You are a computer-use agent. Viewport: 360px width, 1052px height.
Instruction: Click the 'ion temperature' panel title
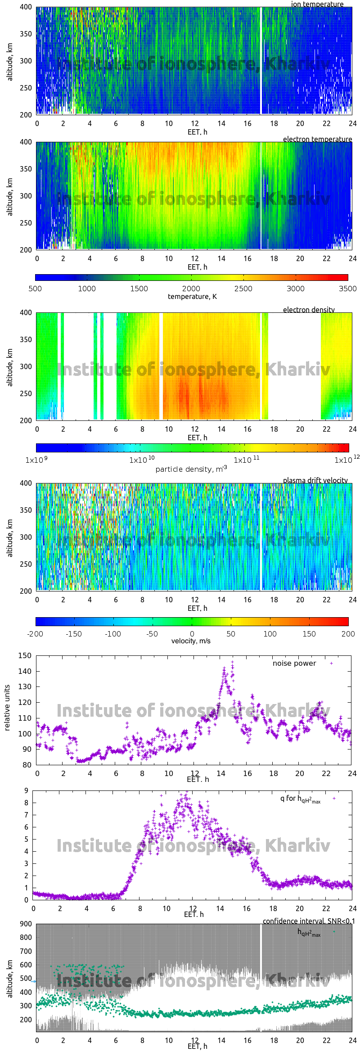tap(317, 4)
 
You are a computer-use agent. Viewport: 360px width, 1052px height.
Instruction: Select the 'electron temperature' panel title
tap(317, 139)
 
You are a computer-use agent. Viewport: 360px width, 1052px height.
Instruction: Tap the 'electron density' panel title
tap(309, 310)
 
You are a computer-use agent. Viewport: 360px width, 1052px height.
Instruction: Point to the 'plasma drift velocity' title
tap(315, 480)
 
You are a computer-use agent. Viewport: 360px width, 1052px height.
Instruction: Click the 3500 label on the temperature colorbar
tap(347, 289)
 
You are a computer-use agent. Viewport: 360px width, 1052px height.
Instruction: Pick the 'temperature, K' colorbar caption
tap(192, 297)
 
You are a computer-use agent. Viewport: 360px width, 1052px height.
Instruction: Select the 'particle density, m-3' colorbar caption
tap(191, 469)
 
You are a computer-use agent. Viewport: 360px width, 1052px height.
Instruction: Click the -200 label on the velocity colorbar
tap(35, 634)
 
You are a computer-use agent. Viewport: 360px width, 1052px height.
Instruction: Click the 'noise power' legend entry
tap(294, 664)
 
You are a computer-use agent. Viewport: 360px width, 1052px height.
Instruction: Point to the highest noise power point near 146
tap(232, 662)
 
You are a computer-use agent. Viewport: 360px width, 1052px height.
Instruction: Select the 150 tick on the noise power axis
tap(25, 655)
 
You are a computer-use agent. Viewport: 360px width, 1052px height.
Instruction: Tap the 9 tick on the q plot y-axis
tap(27, 790)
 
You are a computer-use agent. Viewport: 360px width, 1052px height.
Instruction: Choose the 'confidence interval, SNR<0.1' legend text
tap(309, 921)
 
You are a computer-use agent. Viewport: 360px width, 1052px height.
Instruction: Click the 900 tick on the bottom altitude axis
tap(26, 924)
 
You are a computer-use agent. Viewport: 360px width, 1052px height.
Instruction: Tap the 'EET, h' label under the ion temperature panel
tap(198, 132)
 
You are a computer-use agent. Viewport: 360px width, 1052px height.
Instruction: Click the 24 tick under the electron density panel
tap(352, 429)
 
